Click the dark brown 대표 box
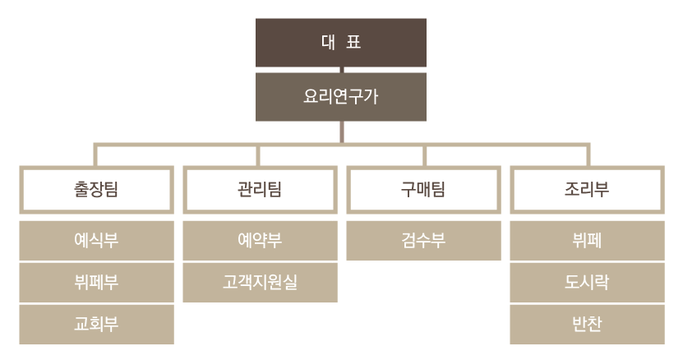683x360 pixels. (x=340, y=43)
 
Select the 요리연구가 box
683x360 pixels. (x=340, y=96)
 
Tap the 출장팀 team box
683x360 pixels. (x=96, y=190)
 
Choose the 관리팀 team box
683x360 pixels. (x=260, y=190)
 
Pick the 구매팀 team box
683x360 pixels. (x=423, y=190)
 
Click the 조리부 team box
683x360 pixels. (x=587, y=190)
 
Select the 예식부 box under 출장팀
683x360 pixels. (x=96, y=241)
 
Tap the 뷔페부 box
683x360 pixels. (x=96, y=282)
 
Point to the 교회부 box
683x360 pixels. (x=96, y=324)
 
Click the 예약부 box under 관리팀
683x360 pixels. (x=260, y=241)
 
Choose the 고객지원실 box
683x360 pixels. (x=260, y=282)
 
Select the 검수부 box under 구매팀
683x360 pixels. (x=423, y=241)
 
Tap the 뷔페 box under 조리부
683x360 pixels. (x=587, y=241)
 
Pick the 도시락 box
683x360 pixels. (x=587, y=282)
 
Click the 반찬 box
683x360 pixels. (x=587, y=324)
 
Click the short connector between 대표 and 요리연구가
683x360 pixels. (x=341, y=70)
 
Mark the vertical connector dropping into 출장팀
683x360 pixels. (x=96, y=156)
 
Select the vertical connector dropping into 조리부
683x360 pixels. (x=587, y=156)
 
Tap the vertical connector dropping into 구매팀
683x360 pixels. (x=423, y=156)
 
